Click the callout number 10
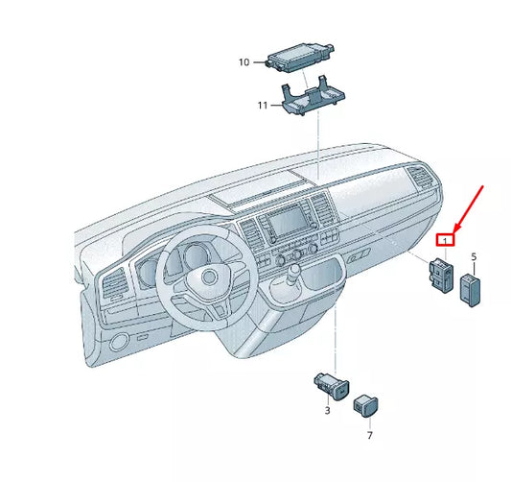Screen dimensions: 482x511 point(244,62)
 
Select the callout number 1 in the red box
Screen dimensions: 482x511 point(444,240)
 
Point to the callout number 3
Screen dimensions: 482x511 point(327,411)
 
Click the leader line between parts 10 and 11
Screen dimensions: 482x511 point(298,80)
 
